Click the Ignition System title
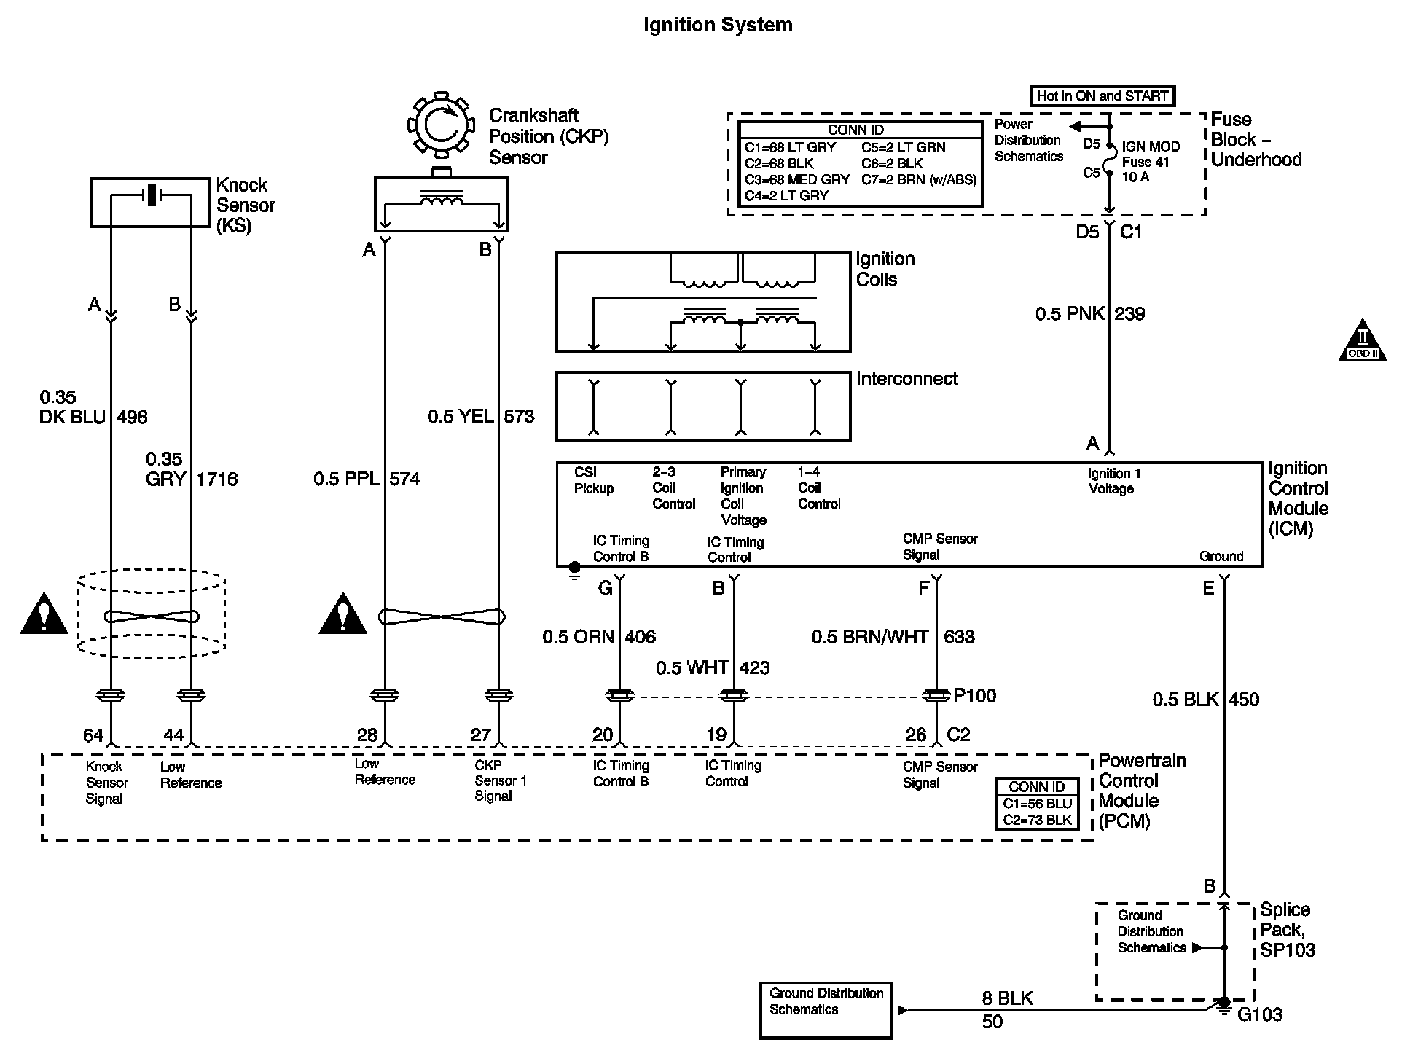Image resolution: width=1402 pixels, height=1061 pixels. [x=718, y=25]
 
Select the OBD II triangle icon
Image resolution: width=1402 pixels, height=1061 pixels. [x=1363, y=340]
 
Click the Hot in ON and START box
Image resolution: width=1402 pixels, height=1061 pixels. [x=1103, y=95]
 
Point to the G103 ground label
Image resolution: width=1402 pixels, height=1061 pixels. [x=1260, y=1014]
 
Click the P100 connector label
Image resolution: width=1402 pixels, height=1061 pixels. [x=974, y=695]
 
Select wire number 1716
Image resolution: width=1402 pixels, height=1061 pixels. [x=217, y=479]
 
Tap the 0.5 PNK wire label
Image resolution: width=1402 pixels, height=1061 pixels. [x=1069, y=314]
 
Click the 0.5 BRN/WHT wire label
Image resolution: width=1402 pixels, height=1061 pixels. [x=870, y=637]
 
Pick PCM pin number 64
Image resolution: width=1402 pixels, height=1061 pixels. [x=93, y=735]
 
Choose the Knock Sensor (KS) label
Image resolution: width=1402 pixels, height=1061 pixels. [x=246, y=205]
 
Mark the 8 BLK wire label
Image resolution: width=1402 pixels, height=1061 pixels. [x=1008, y=998]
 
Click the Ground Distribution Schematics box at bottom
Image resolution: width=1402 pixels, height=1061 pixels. [x=826, y=1011]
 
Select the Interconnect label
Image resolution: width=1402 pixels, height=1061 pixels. [x=907, y=379]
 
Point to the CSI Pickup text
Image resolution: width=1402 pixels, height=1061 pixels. [x=594, y=480]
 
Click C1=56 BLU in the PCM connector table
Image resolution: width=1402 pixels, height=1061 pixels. [x=1037, y=804]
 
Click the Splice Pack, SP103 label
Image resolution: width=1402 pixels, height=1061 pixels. [x=1288, y=930]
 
